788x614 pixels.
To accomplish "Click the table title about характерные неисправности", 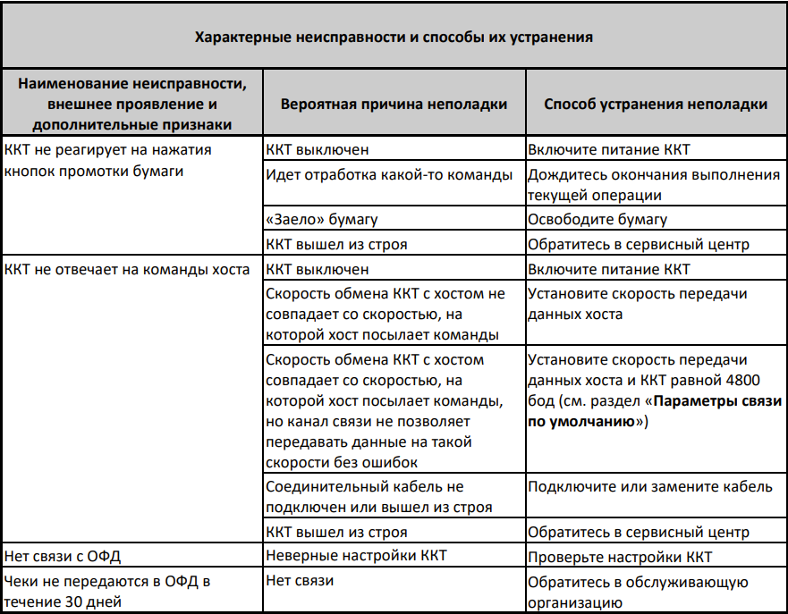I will [394, 38].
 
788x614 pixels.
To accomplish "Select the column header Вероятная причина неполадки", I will [394, 104].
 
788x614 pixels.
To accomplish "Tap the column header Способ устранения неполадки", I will [655, 104].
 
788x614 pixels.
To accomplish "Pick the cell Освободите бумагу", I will [597, 219].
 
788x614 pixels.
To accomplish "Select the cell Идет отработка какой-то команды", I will [389, 173].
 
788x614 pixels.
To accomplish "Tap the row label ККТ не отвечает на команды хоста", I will [127, 268].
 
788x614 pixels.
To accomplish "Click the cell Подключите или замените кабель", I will [648, 487].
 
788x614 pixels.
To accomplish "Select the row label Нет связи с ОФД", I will [55, 556].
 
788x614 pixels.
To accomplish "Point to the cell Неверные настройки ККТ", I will [356, 556].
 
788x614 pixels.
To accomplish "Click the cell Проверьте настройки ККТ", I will [620, 558].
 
